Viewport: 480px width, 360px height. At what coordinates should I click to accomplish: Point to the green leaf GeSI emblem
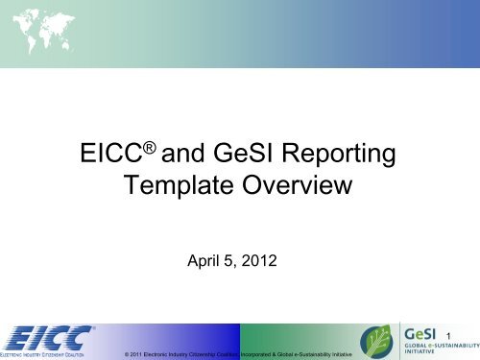(x=376, y=341)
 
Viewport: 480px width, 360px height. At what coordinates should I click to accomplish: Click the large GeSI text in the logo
(x=424, y=331)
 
